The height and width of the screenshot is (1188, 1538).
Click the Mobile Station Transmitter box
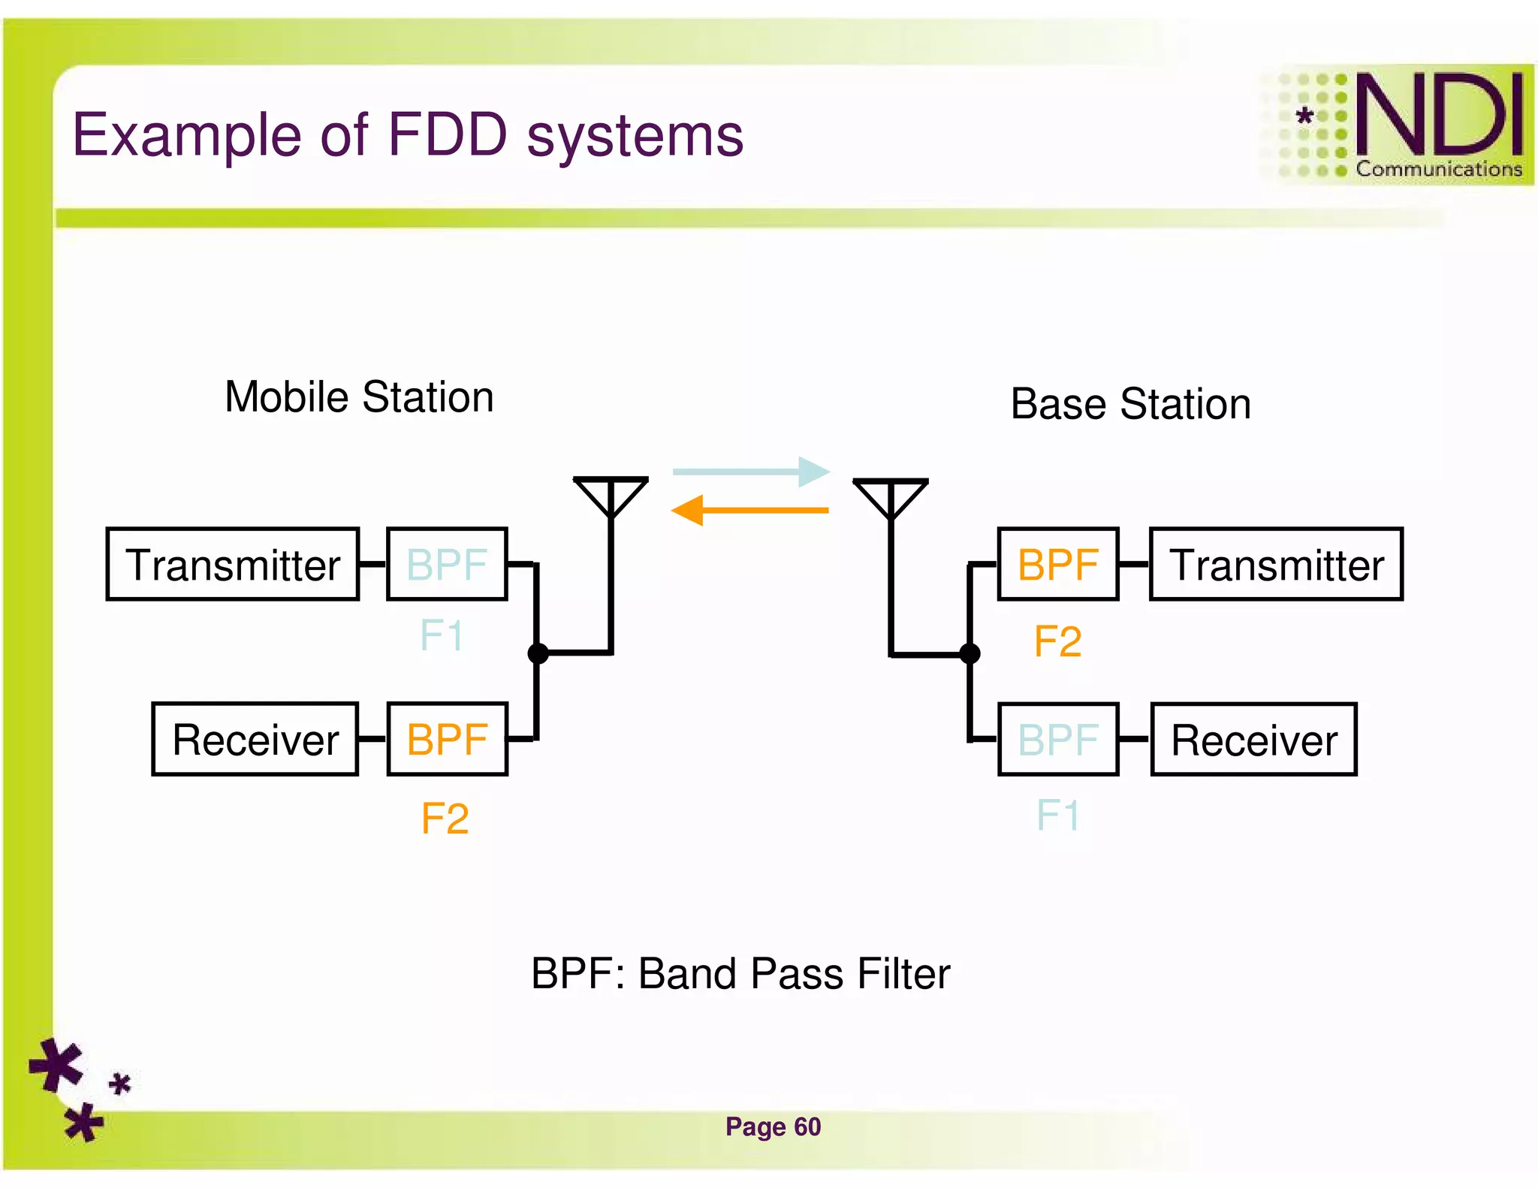coord(232,564)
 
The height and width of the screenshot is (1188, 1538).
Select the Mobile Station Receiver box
coord(255,739)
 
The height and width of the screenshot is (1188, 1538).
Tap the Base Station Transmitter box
coord(1276,564)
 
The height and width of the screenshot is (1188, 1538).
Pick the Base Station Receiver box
coord(1253,739)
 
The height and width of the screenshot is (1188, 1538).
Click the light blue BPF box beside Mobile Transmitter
coord(447,564)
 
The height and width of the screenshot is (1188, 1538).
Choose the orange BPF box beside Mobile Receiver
coord(447,739)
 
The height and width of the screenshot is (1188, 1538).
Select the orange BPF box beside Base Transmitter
coord(1057,564)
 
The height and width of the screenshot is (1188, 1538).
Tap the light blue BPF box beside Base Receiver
coord(1057,739)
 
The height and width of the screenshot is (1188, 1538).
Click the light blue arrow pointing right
coord(751,472)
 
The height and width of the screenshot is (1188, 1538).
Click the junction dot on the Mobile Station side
coord(538,653)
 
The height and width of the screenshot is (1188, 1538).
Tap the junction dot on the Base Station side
coord(970,653)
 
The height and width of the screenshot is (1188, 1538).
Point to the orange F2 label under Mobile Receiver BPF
coord(445,818)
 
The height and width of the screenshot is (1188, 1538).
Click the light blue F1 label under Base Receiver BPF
coord(1057,815)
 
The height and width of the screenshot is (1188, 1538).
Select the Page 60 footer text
coord(773,1126)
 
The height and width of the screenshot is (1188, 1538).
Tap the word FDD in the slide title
coord(448,135)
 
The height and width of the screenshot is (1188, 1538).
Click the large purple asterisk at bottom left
coord(56,1064)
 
